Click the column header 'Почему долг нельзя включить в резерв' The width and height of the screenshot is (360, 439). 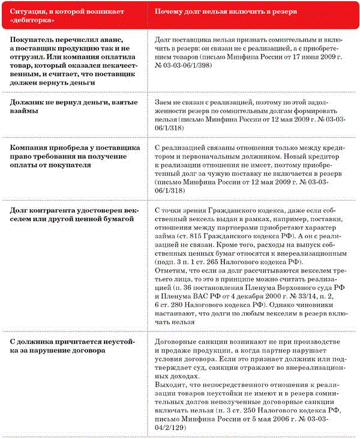(233, 11)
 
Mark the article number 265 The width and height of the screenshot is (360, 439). (230, 264)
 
